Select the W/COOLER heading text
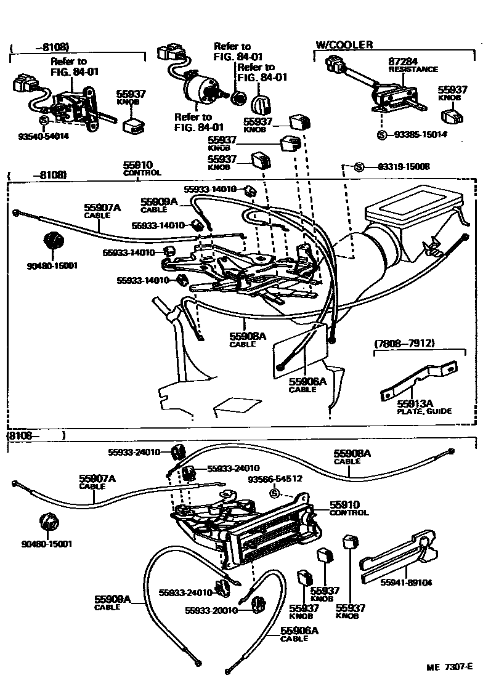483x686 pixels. [344, 45]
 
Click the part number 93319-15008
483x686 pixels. [404, 167]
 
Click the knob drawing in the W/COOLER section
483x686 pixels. [453, 116]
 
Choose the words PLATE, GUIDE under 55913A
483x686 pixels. [426, 411]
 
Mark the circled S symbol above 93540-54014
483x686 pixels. [44, 120]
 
